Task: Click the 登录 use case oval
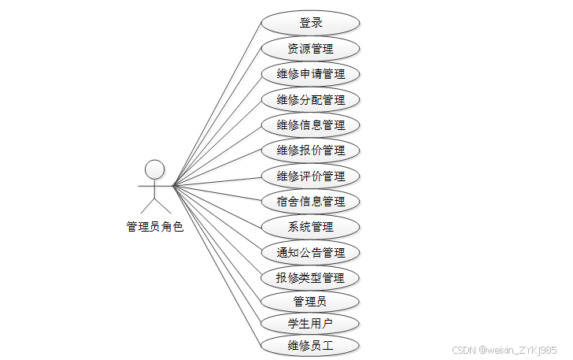[x=310, y=23]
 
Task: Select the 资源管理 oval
[x=310, y=49]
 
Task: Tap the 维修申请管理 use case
[x=310, y=74]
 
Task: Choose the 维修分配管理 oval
[x=310, y=100]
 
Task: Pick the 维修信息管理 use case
[x=310, y=125]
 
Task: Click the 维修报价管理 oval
[x=310, y=150]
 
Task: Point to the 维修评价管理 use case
[x=310, y=176]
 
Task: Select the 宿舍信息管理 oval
[x=310, y=202]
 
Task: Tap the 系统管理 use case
[x=310, y=227]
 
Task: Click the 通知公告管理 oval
[x=310, y=253]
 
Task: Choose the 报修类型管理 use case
[x=310, y=278]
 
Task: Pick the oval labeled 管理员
[x=310, y=302]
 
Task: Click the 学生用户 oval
[x=310, y=323]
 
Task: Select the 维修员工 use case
[x=310, y=345]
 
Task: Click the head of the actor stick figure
[x=155, y=169]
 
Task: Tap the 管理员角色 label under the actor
[x=155, y=227]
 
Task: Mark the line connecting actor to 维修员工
[x=216, y=265]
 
